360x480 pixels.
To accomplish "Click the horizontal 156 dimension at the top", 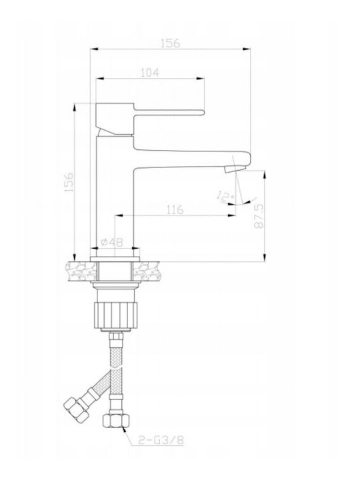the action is coord(171,43).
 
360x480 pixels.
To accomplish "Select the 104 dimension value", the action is coord(150,73).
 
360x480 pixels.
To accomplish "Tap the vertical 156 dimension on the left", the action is coord(69,182).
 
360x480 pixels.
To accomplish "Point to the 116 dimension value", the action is coord(175,210).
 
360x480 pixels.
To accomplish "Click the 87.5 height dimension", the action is coord(259,216).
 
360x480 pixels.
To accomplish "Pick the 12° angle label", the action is coord(225,196).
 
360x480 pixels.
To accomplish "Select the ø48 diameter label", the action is coord(112,243).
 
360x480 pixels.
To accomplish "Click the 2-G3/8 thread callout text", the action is coord(161,440).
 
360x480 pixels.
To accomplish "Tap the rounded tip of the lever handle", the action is coord(202,113).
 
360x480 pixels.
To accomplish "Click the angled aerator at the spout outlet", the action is coord(235,169).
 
